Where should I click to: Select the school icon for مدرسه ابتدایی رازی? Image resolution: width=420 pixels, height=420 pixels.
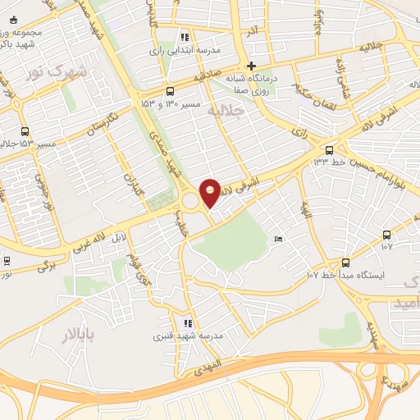tap(185, 37)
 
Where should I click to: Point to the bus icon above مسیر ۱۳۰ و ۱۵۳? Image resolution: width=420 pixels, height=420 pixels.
tap(169, 91)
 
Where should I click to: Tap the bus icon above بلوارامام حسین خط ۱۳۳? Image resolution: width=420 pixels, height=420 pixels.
tap(329, 149)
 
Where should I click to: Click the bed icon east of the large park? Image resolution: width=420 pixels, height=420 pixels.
tap(279, 239)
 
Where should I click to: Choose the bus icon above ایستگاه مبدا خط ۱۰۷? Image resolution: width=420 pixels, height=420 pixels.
tap(345, 262)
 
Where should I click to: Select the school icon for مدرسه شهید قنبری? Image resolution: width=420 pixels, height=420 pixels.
tap(188, 324)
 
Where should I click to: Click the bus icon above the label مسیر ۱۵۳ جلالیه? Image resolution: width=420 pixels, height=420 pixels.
tap(25, 130)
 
